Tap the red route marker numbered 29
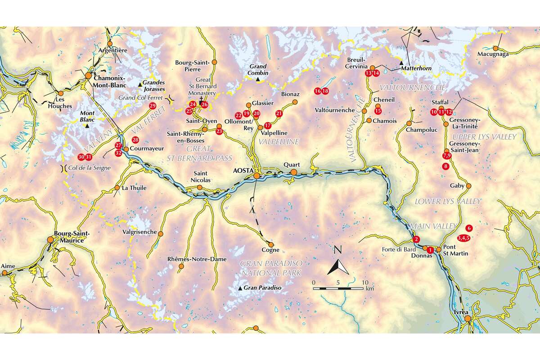pyautogui.click(x=152, y=106)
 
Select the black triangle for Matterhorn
pyautogui.click(x=401, y=68)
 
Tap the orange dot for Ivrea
pyautogui.click(x=468, y=319)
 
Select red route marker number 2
pyautogui.click(x=416, y=239)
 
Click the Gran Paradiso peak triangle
pyautogui.click(x=240, y=288)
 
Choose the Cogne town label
pyautogui.click(x=270, y=250)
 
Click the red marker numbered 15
pyautogui.click(x=378, y=111)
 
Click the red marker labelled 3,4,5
pyautogui.click(x=463, y=237)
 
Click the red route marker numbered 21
pyautogui.click(x=279, y=113)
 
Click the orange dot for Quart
pyautogui.click(x=293, y=172)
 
